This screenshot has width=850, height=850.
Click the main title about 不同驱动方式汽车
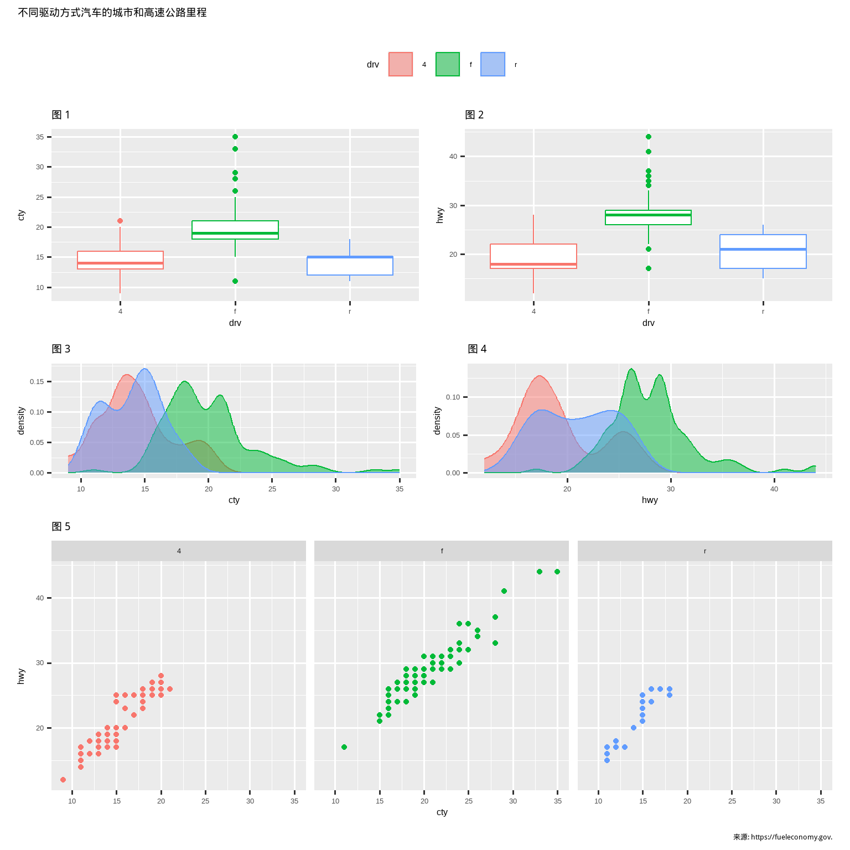click(112, 12)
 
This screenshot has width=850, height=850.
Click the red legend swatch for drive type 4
click(401, 64)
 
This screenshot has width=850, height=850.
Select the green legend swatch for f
click(448, 64)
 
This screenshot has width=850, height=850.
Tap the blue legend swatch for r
click(493, 64)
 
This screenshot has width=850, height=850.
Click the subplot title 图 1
click(61, 115)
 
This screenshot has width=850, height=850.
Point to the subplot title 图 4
click(477, 349)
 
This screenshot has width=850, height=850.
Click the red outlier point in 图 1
click(120, 221)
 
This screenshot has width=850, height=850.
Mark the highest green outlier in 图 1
click(235, 137)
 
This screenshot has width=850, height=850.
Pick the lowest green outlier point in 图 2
click(649, 268)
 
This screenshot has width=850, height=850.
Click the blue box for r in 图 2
click(763, 252)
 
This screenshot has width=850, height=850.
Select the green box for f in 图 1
click(235, 230)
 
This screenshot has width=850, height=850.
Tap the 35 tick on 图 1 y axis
click(40, 137)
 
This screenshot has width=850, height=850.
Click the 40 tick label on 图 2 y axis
click(453, 157)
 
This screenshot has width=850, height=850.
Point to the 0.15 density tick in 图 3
click(37, 382)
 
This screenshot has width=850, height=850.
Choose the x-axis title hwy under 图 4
click(650, 500)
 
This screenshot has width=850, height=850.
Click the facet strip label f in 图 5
click(442, 551)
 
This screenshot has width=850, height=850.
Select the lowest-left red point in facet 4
click(63, 780)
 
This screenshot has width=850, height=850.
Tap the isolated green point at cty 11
click(344, 747)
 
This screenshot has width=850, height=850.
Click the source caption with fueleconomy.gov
click(782, 837)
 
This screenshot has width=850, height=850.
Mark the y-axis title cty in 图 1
click(21, 215)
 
